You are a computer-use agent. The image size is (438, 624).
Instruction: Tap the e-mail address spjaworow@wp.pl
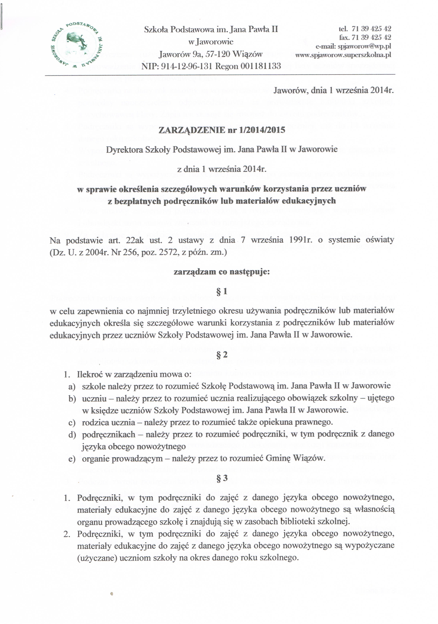click(x=364, y=46)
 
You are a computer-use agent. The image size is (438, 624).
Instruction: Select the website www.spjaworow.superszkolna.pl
click(x=343, y=55)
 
